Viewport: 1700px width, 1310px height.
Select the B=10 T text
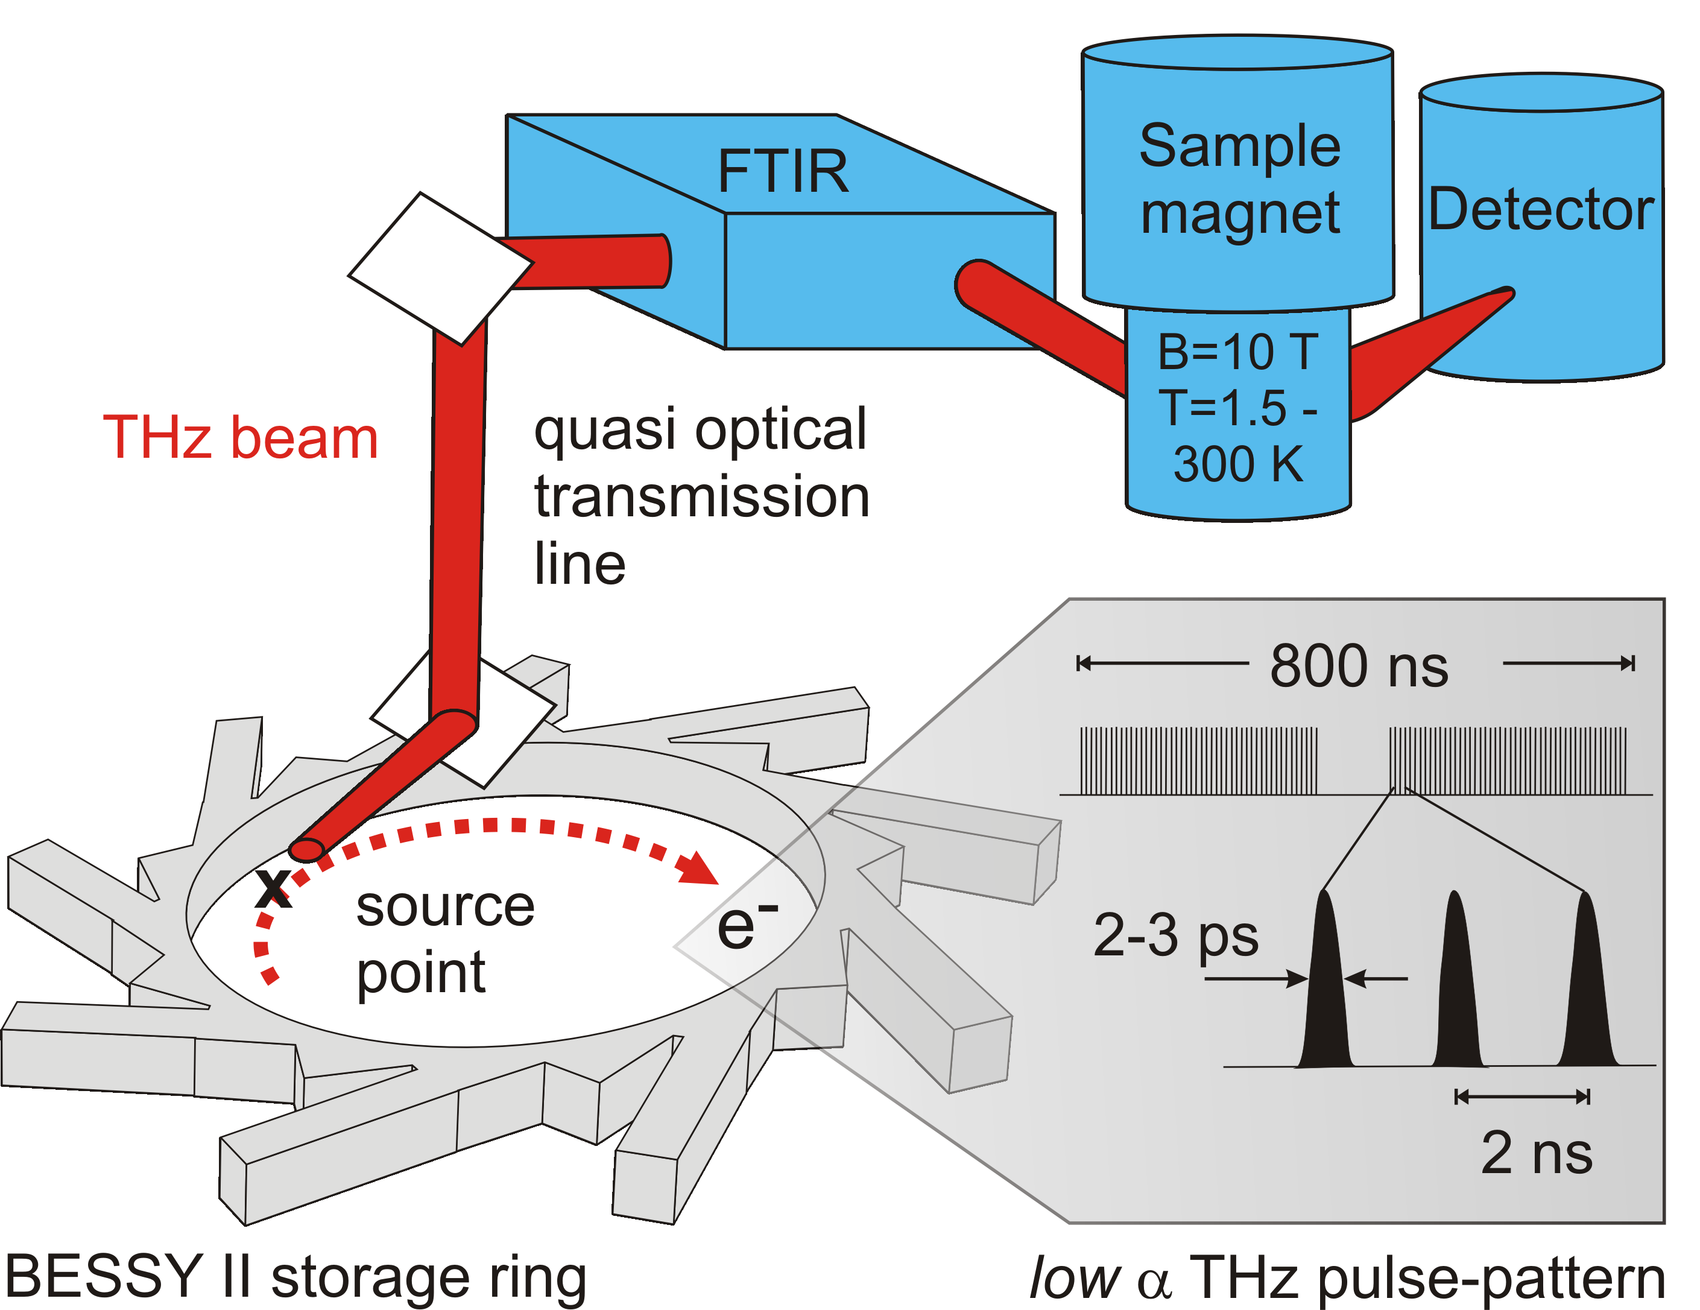tap(1237, 351)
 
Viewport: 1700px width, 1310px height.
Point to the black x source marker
tap(273, 887)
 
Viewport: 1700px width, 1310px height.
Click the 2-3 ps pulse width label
tap(1175, 935)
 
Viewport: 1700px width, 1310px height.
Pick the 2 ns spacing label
tap(1537, 1153)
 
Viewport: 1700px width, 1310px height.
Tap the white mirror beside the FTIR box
tap(440, 268)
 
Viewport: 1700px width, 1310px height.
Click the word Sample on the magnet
tap(1239, 147)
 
